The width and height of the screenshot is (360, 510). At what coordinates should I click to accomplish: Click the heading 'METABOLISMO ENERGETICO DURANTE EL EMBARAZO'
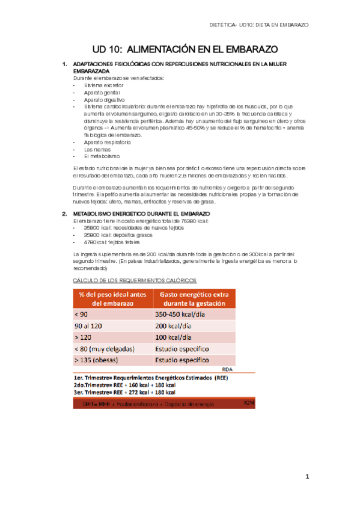(141, 214)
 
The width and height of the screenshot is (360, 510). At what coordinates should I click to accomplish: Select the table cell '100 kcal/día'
(173, 337)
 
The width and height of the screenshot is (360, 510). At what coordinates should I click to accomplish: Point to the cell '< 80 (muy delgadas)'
(105, 349)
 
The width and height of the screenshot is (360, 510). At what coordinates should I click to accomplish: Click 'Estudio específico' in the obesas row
(182, 360)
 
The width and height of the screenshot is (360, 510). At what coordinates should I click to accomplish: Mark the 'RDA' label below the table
(227, 370)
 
